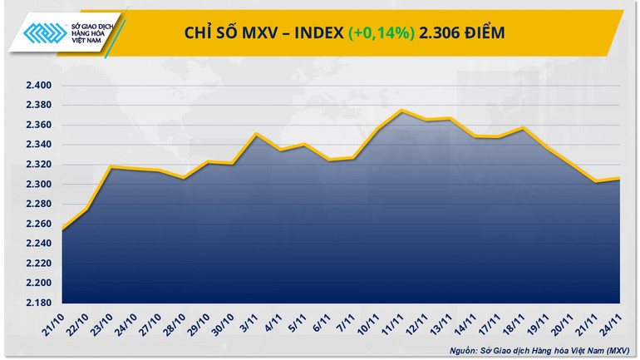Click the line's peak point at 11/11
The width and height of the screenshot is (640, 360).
401,111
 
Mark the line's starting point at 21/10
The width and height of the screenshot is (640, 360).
63,228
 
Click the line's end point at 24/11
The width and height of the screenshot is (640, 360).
620,178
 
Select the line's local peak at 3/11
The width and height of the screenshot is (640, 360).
256,134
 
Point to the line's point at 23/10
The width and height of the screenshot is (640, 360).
111,167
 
